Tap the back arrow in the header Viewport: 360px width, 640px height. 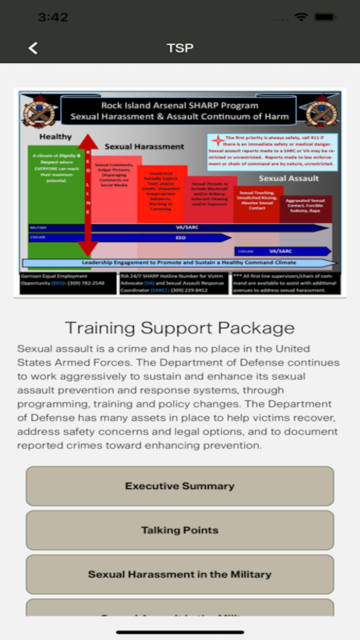point(33,48)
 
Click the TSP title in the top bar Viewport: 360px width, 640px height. point(180,48)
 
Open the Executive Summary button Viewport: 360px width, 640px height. point(180,486)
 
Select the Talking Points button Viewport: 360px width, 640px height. point(180,530)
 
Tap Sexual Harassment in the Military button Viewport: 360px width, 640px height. point(180,575)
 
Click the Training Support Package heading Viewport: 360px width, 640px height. point(180,328)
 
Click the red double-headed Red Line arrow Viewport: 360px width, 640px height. point(88,195)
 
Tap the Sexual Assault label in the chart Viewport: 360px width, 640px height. point(289,179)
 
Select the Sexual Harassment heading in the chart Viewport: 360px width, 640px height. point(144,147)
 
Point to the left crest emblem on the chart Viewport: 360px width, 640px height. point(39,110)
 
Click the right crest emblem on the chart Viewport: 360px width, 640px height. point(321,110)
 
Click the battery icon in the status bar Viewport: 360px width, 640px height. point(324,17)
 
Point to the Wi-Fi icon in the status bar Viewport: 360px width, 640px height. point(301,17)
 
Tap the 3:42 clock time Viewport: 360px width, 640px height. point(53,17)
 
